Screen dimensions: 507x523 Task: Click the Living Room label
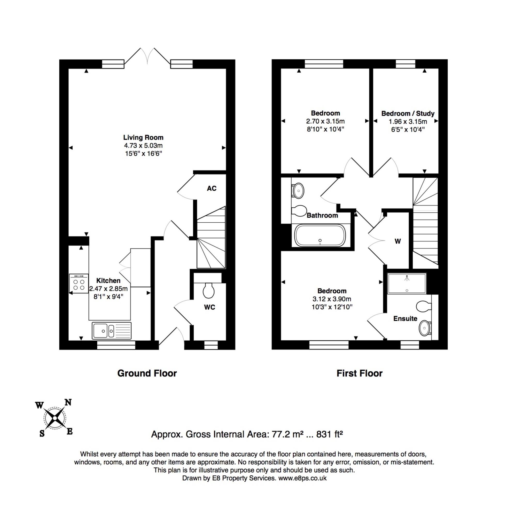[143, 137]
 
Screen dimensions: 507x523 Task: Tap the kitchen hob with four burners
[79, 283]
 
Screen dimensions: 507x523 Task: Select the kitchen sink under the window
[112, 331]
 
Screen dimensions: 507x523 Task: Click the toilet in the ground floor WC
[209, 291]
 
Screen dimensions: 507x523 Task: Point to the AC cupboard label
[212, 188]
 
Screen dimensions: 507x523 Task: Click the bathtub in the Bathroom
[320, 235]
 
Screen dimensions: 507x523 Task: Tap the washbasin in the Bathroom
[298, 190]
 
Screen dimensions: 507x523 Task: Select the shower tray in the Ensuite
[407, 283]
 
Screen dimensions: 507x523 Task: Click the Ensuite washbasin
[425, 328]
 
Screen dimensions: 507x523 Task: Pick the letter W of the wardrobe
[397, 241]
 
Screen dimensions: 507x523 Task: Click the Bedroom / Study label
[408, 113]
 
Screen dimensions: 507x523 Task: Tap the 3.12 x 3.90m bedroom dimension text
[332, 299]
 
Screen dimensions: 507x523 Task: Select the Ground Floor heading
[147, 373]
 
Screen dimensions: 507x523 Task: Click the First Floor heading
[360, 373]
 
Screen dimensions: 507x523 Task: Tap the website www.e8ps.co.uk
[302, 478]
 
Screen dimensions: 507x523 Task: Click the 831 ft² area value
[329, 434]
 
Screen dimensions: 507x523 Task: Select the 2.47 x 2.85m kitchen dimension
[108, 288]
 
